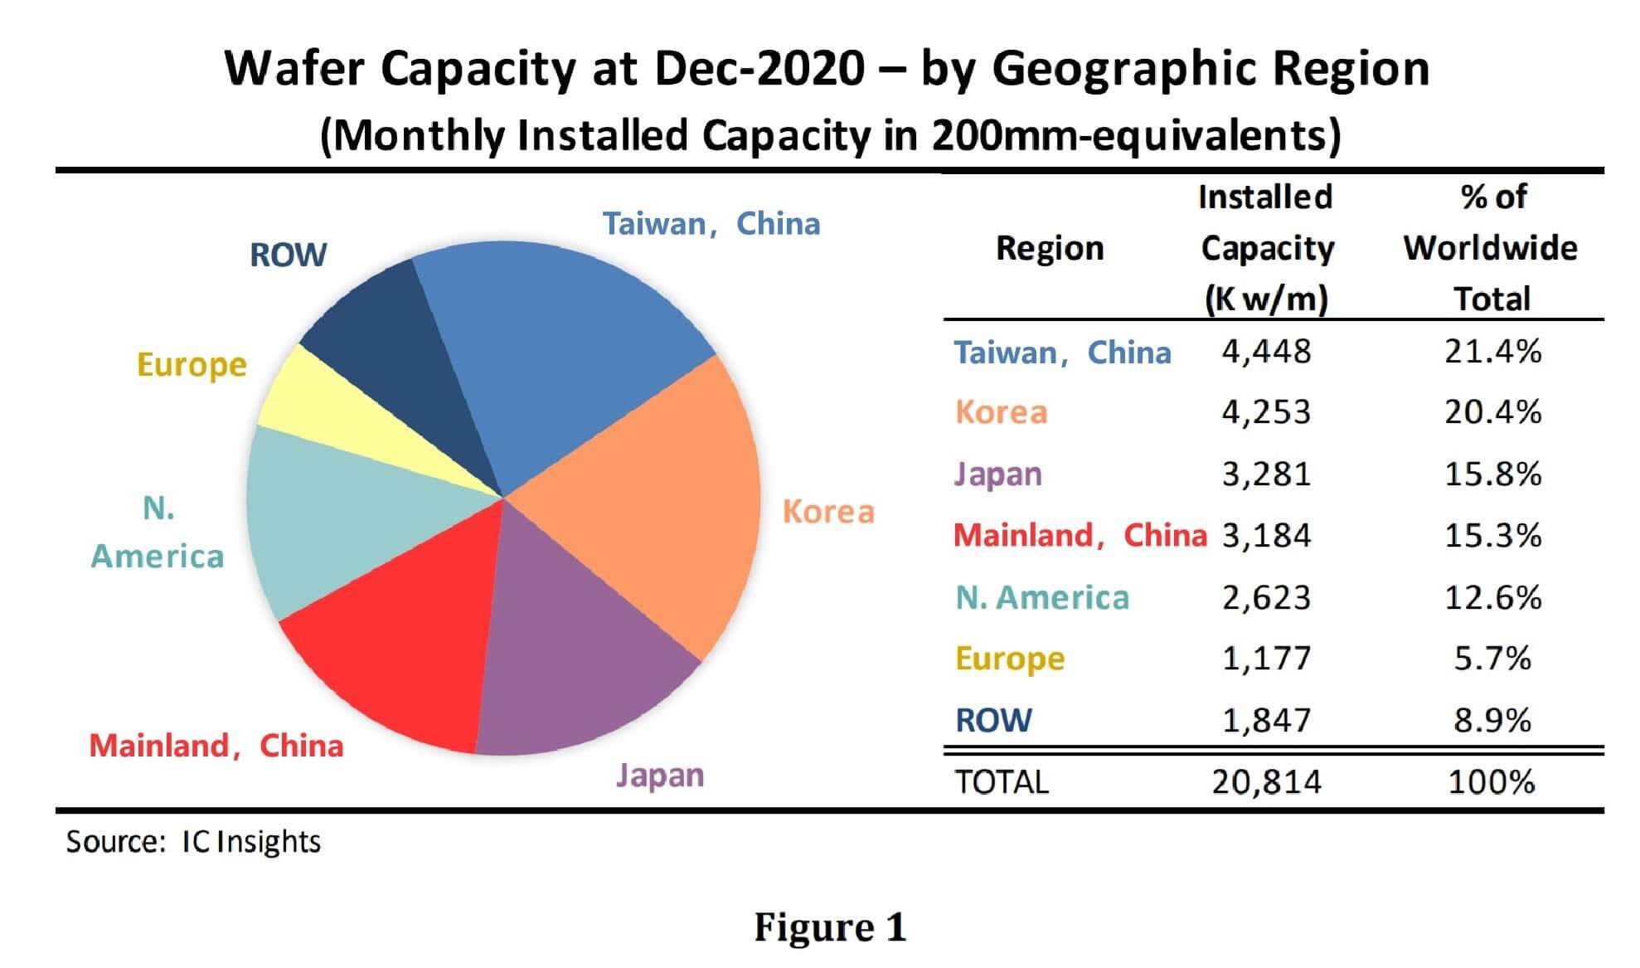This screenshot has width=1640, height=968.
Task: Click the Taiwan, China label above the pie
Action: tap(711, 224)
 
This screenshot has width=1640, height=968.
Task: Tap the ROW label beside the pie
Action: tap(288, 255)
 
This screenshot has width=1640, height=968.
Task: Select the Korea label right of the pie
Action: tap(828, 512)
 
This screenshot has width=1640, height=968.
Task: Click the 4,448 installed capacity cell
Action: tap(1266, 353)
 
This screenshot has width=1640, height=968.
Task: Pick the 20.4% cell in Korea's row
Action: tap(1492, 412)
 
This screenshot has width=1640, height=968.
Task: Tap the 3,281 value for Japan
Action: tap(1266, 474)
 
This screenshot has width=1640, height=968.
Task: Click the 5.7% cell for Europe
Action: tap(1492, 659)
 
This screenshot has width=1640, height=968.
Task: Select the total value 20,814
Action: tap(1266, 782)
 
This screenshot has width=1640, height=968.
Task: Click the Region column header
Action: tap(1050, 248)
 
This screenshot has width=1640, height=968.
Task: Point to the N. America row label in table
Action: tap(1042, 597)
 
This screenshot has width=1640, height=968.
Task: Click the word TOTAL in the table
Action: tap(1002, 782)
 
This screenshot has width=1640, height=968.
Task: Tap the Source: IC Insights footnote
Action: tap(193, 842)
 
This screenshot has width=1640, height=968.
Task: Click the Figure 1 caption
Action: tap(829, 927)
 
